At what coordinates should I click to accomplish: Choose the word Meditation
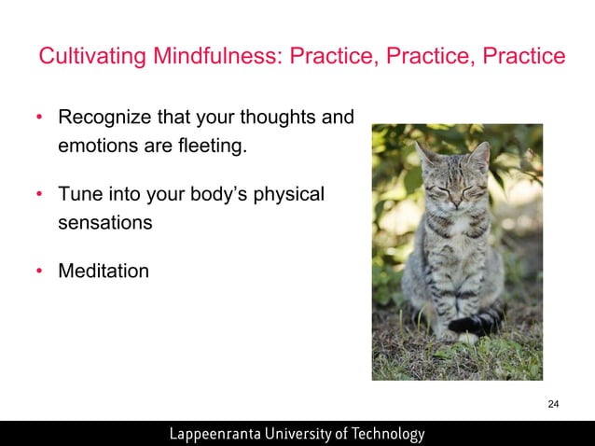104,271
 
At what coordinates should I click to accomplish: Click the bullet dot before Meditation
39,272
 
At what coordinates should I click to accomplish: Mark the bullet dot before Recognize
39,119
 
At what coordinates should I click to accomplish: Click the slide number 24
553,404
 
